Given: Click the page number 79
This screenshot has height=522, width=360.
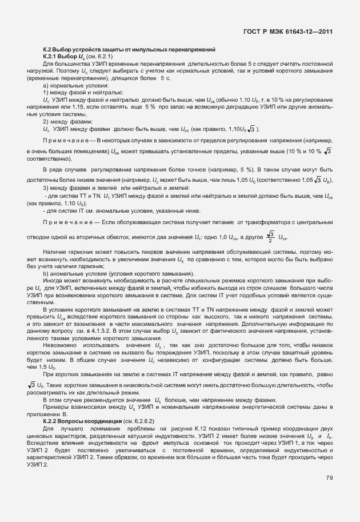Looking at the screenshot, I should [329, 477].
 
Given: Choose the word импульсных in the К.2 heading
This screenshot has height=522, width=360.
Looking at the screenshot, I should [143, 50].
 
